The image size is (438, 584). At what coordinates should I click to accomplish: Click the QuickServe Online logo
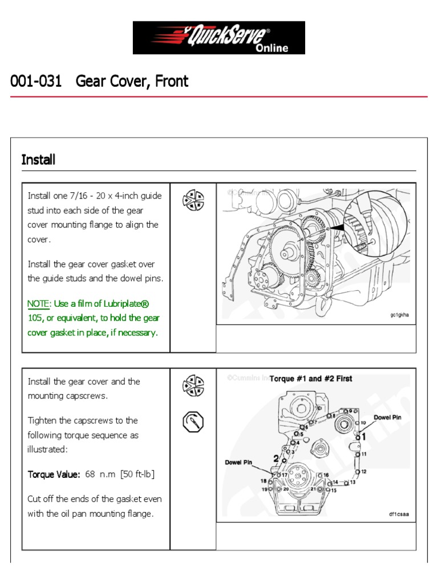[219, 38]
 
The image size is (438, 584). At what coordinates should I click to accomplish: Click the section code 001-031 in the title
[36, 82]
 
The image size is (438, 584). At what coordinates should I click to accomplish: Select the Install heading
[38, 160]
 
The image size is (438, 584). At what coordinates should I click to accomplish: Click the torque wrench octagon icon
[193, 423]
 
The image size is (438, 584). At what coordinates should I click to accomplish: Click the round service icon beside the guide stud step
[193, 200]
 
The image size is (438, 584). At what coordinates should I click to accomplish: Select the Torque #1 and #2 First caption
[311, 379]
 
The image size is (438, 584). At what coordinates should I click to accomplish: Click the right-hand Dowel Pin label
[388, 417]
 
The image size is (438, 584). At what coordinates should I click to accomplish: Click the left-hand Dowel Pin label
[239, 463]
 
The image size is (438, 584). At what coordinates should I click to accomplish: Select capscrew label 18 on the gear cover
[264, 481]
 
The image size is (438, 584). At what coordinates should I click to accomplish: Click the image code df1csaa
[399, 514]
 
